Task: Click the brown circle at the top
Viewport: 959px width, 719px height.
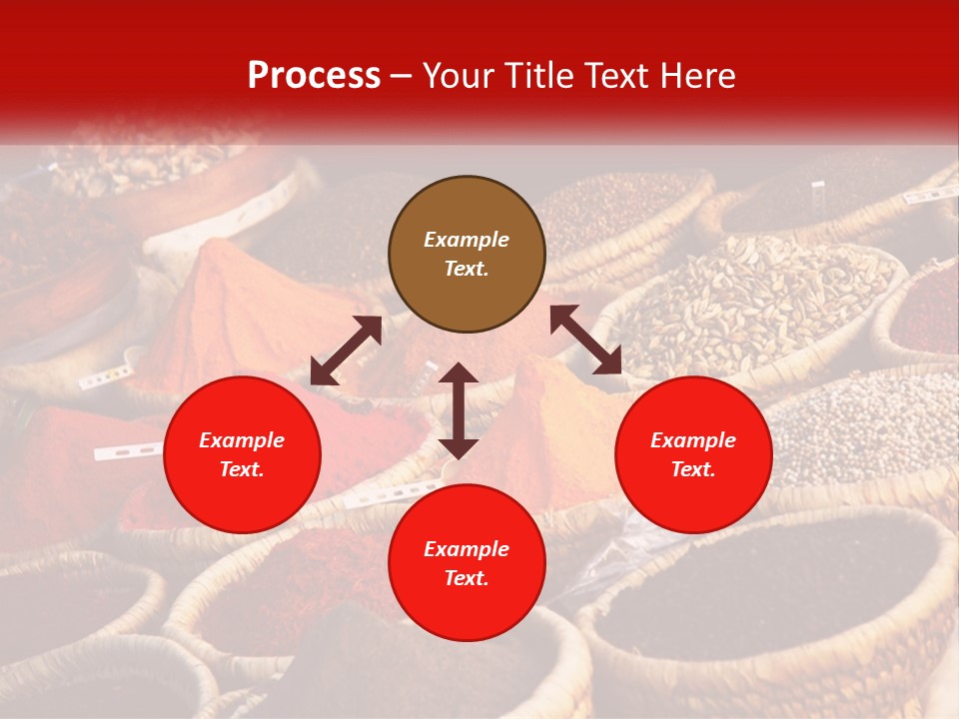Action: click(x=467, y=255)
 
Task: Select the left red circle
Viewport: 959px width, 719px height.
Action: click(x=242, y=454)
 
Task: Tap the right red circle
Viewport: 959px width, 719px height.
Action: click(x=693, y=454)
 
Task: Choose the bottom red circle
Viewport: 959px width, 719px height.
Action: click(x=467, y=563)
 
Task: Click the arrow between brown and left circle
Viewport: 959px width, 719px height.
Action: click(x=346, y=351)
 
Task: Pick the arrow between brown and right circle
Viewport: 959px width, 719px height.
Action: click(x=585, y=340)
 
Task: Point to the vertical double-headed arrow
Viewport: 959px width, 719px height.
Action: click(x=459, y=410)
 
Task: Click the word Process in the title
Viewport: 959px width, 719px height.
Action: click(x=314, y=75)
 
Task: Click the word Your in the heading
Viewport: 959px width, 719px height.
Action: click(x=458, y=75)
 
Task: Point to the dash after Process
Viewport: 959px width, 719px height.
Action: click(x=402, y=76)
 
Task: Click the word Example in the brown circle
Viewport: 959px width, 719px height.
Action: click(x=467, y=240)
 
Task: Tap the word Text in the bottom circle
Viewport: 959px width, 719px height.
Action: click(x=467, y=578)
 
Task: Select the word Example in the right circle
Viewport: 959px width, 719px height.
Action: click(x=693, y=440)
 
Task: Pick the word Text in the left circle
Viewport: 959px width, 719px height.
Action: click(x=242, y=469)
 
